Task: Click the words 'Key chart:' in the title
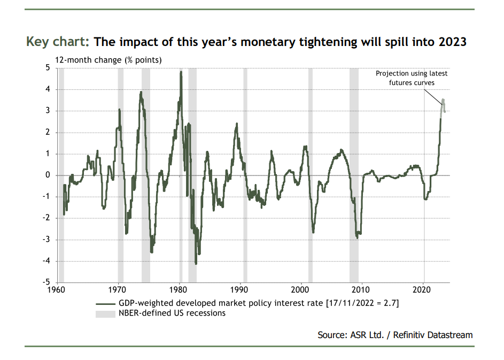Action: pyautogui.click(x=58, y=42)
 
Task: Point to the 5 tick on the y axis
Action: pyautogui.click(x=47, y=68)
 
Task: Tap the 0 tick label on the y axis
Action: pyautogui.click(x=47, y=175)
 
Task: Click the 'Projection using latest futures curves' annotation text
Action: pyautogui.click(x=412, y=78)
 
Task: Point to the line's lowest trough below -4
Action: pyautogui.click(x=196, y=263)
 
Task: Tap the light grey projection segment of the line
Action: pyautogui.click(x=443, y=104)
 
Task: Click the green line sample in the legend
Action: pyautogui.click(x=105, y=303)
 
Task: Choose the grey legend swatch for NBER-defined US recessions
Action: pyautogui.click(x=105, y=313)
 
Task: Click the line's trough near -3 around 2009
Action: pyautogui.click(x=357, y=238)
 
